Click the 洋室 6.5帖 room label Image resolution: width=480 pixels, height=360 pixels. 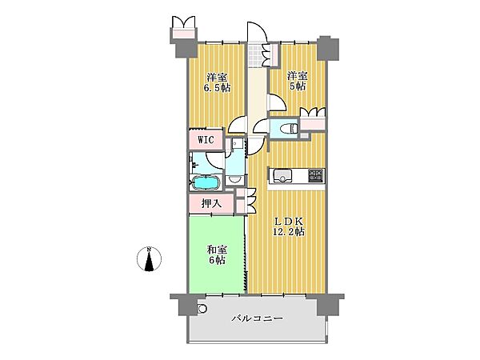(x=217, y=82)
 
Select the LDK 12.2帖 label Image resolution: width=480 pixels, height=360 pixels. (x=290, y=226)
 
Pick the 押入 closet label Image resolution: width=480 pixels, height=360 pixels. (x=211, y=202)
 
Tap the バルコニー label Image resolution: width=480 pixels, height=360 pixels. (x=258, y=318)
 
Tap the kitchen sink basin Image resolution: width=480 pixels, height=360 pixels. (x=283, y=174)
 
